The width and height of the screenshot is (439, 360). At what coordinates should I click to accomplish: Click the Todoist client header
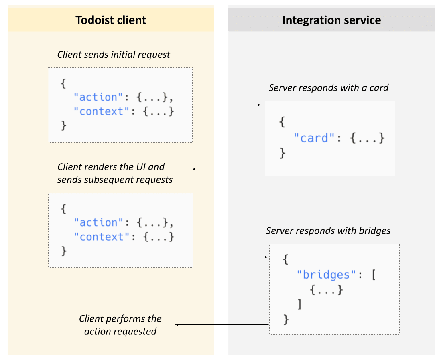(111, 20)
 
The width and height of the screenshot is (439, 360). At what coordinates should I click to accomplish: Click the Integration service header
(331, 20)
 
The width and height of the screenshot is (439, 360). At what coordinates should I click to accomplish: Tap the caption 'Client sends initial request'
(114, 55)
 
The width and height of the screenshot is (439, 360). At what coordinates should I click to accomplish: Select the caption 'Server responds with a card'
(329, 88)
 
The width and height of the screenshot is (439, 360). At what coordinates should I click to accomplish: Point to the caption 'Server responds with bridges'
(328, 231)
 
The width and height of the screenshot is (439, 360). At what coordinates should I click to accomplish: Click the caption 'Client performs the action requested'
(120, 325)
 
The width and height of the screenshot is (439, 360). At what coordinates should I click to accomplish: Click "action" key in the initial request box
(98, 97)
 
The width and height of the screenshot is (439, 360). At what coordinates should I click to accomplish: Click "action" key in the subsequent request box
(98, 222)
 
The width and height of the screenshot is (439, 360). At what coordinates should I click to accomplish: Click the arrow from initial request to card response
(227, 105)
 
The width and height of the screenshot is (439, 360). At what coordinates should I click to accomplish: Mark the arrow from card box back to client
(228, 169)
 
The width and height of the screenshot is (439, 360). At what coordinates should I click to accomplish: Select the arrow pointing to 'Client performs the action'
(222, 324)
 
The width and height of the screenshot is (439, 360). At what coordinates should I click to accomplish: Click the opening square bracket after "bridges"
(373, 275)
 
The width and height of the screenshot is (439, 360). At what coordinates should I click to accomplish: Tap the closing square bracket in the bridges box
(299, 305)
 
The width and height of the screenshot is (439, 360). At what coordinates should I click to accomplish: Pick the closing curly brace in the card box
(283, 153)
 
